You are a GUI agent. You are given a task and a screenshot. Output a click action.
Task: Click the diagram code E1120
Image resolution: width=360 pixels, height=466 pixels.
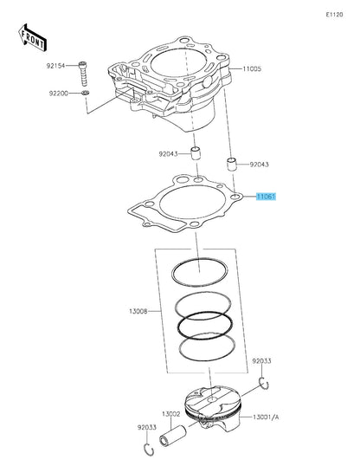point(334,15)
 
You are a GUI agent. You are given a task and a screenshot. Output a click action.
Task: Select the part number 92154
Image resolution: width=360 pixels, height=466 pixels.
point(58,65)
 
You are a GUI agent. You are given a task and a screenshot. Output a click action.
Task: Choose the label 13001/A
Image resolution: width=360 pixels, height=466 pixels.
point(266,417)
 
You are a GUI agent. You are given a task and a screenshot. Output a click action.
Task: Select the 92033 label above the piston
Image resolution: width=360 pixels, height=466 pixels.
point(262,360)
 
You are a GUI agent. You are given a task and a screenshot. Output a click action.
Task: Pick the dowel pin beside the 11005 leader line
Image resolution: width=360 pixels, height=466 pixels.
point(231,162)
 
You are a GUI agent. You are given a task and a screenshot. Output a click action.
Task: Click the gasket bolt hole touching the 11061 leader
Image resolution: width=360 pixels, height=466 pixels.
point(235,198)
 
